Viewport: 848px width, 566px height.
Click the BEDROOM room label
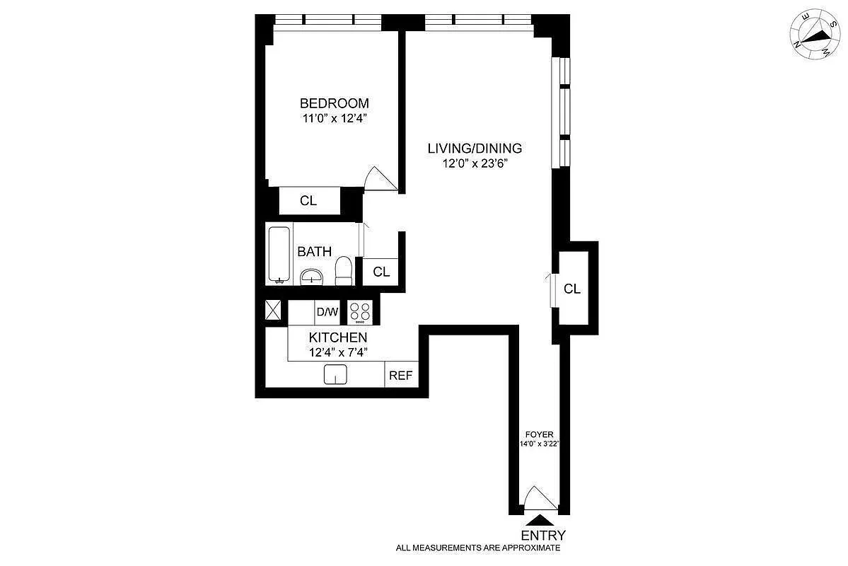(x=335, y=103)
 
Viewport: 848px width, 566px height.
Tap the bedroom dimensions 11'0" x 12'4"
(x=335, y=118)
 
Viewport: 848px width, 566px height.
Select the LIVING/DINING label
(x=475, y=148)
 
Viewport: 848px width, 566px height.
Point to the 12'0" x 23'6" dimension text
(x=475, y=163)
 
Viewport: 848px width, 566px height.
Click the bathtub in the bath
(x=279, y=254)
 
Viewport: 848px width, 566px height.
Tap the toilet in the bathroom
(x=344, y=271)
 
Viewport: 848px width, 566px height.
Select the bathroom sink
(x=312, y=277)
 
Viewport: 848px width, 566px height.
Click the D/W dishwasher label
(x=327, y=312)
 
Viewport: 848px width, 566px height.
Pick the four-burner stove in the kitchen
(x=360, y=312)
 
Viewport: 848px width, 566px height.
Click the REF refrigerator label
(x=401, y=375)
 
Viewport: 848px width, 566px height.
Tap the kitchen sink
(x=335, y=374)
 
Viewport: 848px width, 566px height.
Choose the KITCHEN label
(x=338, y=337)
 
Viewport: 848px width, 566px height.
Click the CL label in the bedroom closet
(x=308, y=201)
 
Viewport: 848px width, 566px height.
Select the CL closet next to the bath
(x=381, y=272)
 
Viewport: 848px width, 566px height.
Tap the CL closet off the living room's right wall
(x=572, y=289)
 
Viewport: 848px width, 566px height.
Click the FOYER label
(x=539, y=434)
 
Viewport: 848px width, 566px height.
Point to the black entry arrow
(x=539, y=520)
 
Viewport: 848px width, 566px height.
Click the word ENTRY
(x=543, y=536)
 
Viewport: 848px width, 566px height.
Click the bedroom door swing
(x=376, y=178)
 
